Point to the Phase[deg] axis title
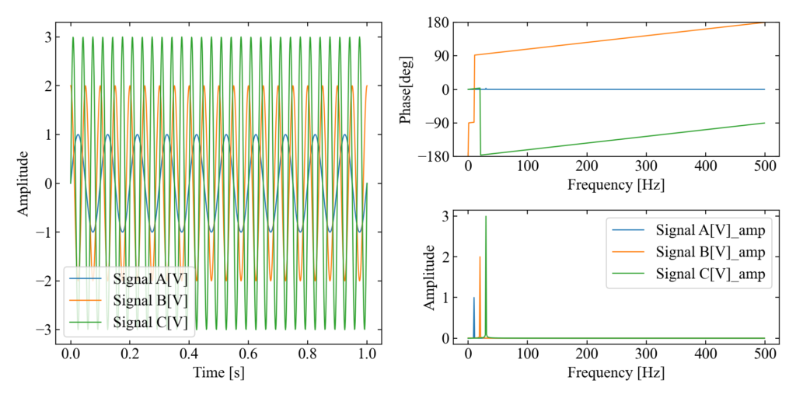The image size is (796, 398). [407, 89]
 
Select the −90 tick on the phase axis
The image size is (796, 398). [435, 123]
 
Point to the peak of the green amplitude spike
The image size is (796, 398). [486, 216]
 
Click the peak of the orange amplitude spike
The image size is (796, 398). [480, 257]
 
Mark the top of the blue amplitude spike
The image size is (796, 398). [474, 297]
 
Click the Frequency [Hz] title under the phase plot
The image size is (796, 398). [616, 186]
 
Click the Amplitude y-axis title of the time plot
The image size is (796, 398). [24, 183]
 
